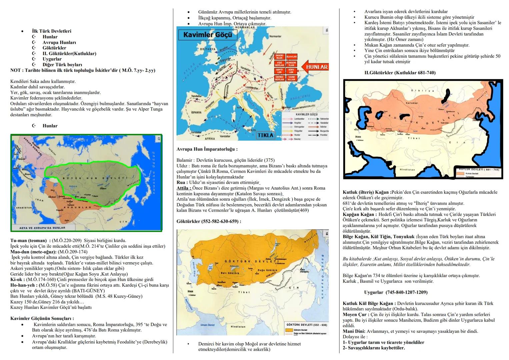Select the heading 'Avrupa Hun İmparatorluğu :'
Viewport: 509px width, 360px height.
[207, 149]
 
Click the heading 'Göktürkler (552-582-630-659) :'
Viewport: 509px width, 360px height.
[209, 221]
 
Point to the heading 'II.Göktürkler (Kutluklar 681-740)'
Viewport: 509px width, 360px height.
[400, 73]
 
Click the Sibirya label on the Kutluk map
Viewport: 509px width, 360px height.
[418, 91]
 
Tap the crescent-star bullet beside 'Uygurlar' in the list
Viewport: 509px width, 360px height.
[34, 59]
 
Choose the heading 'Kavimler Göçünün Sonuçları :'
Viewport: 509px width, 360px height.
[42, 318]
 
